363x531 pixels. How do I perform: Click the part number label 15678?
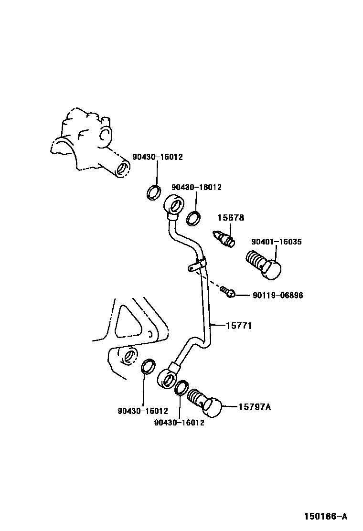tap(231, 218)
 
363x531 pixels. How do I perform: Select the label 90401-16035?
tap(277, 242)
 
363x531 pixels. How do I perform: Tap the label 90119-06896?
tap(278, 296)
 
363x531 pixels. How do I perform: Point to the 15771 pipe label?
tap(238, 326)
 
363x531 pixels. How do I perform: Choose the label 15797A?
tap(254, 407)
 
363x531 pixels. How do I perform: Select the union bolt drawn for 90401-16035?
tap(264, 264)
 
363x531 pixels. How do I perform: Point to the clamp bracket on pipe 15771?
tap(197, 264)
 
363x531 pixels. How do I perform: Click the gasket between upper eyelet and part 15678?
tap(193, 218)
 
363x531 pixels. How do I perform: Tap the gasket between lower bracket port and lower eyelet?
tap(148, 366)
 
